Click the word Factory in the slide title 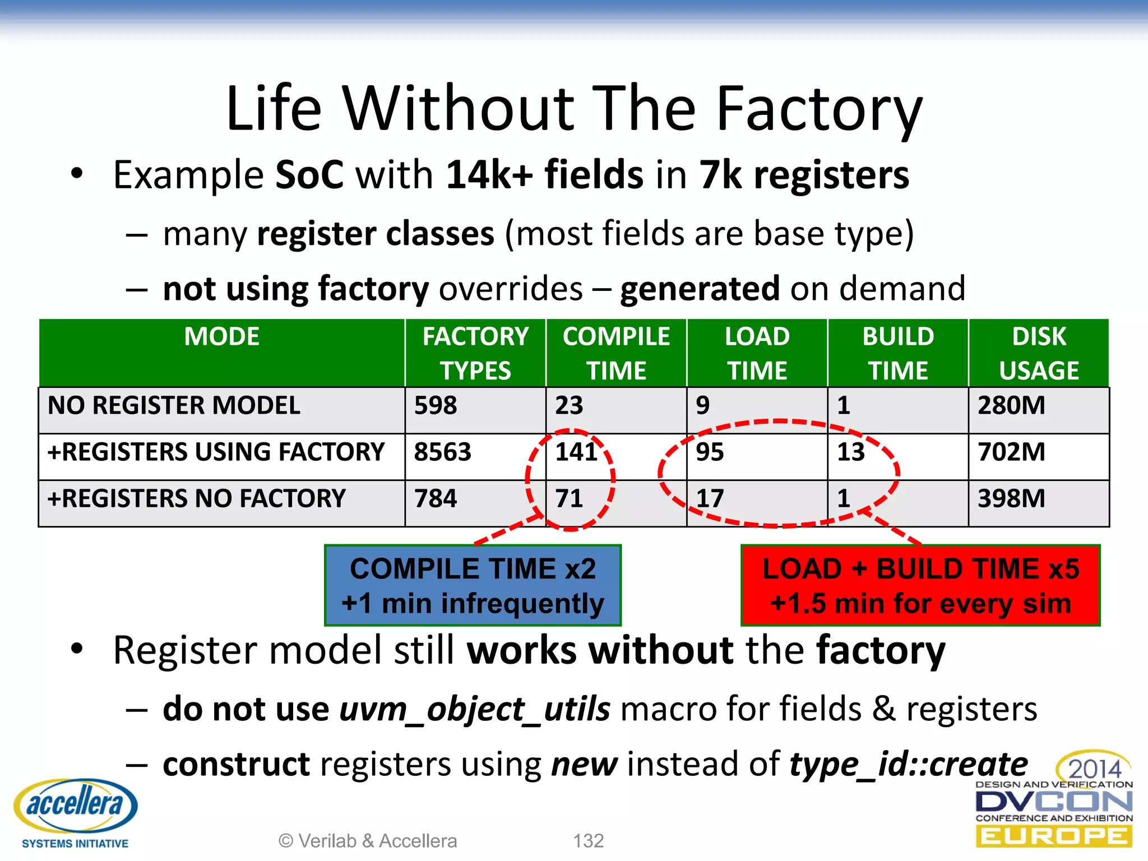pyautogui.click(x=819, y=109)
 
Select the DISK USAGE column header pyautogui.click(x=1039, y=353)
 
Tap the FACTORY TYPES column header pyautogui.click(x=475, y=353)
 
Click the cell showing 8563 pyautogui.click(x=443, y=452)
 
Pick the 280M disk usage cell pyautogui.click(x=1011, y=405)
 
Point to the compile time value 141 pyautogui.click(x=576, y=452)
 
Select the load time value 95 pyautogui.click(x=710, y=452)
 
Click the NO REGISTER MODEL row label pyautogui.click(x=174, y=405)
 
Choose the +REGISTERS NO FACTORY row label pyautogui.click(x=196, y=498)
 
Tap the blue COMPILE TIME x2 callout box pyautogui.click(x=473, y=585)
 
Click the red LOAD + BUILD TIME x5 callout pyautogui.click(x=920, y=585)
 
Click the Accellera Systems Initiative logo pyautogui.click(x=75, y=812)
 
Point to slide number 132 pyautogui.click(x=588, y=841)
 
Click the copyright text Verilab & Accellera pyautogui.click(x=368, y=841)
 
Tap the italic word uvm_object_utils pyautogui.click(x=474, y=709)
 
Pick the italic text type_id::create pyautogui.click(x=908, y=764)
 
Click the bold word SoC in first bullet pyautogui.click(x=309, y=175)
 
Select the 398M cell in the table pyautogui.click(x=1011, y=498)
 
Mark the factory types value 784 pyautogui.click(x=436, y=498)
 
